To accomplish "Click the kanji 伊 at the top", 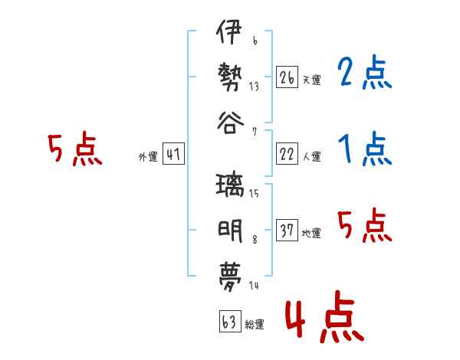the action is coord(229,31).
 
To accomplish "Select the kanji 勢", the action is coord(230,77).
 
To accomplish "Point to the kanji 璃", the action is coord(230,185).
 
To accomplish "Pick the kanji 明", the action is coord(230,231).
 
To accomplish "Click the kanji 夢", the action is coord(230,277).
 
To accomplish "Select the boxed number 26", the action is coord(287,77).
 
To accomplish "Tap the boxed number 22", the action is coord(287,154).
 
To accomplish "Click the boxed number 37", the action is coord(287,230).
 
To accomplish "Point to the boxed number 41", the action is coord(173,154).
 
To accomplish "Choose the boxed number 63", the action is coord(230,321).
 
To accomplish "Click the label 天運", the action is coord(312,80).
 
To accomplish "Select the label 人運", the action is coord(312,156).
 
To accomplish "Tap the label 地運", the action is coord(311,233).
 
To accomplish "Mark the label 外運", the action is coord(148,157).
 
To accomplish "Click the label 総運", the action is coord(255,324).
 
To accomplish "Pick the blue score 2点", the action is coord(364,72).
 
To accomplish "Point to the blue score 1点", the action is coord(365,149).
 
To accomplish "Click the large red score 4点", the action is coord(325,316).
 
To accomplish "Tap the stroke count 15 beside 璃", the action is coord(254,193).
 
